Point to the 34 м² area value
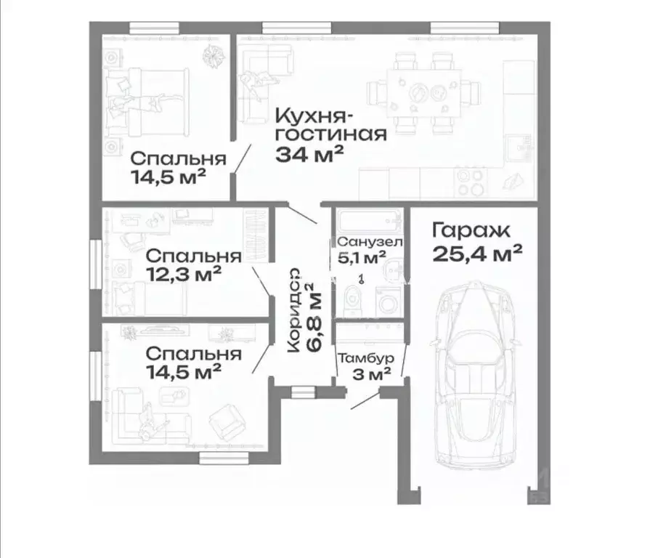tap(309, 153)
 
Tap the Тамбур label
tap(366, 358)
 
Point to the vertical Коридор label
tap(294, 311)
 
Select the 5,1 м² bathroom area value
tap(361, 257)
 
